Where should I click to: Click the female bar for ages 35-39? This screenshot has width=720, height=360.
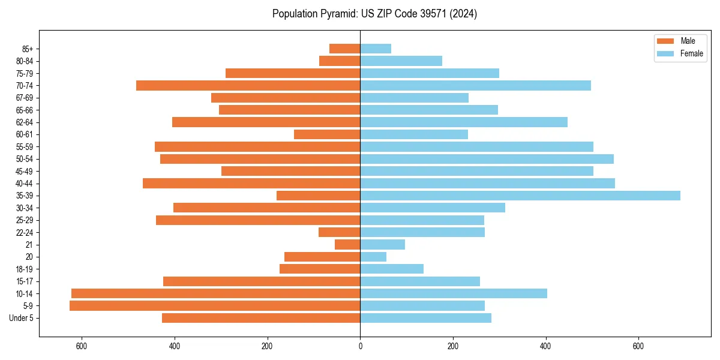[x=520, y=196]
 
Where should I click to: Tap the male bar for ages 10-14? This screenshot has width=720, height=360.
[x=216, y=293]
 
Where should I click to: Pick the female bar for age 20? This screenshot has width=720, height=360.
[x=373, y=257]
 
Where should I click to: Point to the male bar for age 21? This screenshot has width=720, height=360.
[x=347, y=245]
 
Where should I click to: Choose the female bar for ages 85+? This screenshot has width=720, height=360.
[x=376, y=49]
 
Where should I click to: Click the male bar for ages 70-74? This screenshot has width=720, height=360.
[x=248, y=85]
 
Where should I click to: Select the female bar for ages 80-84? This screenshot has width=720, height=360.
[x=401, y=61]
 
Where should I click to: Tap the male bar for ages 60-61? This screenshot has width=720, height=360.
[x=327, y=134]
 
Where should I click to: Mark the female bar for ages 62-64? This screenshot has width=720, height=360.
[x=464, y=122]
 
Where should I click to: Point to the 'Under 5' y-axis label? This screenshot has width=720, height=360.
[x=22, y=318]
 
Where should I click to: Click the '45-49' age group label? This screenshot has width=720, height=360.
[x=25, y=171]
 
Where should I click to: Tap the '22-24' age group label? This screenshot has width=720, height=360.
[x=25, y=232]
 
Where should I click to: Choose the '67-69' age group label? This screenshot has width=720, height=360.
[x=25, y=98]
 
